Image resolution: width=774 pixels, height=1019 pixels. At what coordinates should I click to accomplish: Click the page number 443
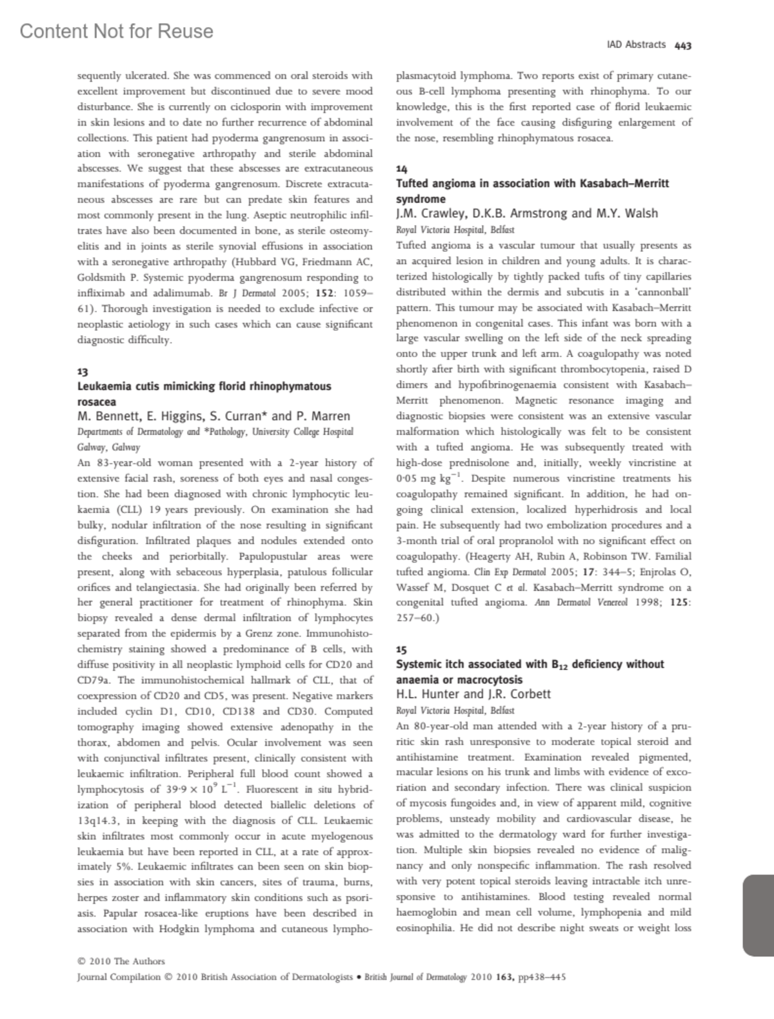(x=683, y=45)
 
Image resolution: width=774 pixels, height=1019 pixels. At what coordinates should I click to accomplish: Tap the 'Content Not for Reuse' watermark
(x=116, y=31)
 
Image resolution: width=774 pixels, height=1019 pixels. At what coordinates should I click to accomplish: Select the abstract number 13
(x=83, y=372)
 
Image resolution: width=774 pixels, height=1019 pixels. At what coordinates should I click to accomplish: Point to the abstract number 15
(x=401, y=650)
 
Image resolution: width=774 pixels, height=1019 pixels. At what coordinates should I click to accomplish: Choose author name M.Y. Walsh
(x=628, y=213)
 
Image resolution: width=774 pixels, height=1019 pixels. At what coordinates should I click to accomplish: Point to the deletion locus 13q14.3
(x=98, y=820)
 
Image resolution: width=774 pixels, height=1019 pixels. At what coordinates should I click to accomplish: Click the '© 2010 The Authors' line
(x=121, y=961)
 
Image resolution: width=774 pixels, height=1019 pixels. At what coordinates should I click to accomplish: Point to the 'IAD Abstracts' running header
(x=636, y=44)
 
